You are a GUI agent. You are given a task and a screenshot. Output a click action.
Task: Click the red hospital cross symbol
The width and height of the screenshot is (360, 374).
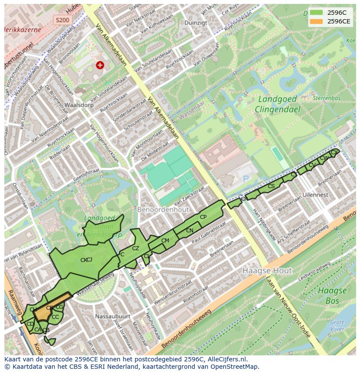point(100,65)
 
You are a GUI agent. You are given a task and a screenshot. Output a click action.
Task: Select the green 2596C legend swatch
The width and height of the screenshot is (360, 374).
point(317,13)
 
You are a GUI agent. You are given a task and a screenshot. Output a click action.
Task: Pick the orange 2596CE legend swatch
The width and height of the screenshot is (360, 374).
point(317,21)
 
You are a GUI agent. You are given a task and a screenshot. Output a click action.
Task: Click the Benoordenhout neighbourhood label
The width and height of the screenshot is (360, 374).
point(163,209)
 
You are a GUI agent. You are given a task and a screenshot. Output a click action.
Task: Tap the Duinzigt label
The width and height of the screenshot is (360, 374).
point(195,23)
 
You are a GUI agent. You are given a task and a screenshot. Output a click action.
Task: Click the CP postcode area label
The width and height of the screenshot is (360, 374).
point(203,217)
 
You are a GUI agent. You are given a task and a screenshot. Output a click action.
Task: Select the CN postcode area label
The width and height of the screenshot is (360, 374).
point(190,231)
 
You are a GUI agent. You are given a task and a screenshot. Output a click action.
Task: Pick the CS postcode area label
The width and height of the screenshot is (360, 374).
point(271,186)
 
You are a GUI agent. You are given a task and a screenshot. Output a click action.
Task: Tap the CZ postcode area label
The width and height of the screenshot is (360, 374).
point(136,248)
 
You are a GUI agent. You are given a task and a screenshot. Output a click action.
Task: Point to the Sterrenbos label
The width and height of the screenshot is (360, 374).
point(326,99)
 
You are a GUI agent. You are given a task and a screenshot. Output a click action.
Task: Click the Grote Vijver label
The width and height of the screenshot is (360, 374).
point(337,325)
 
